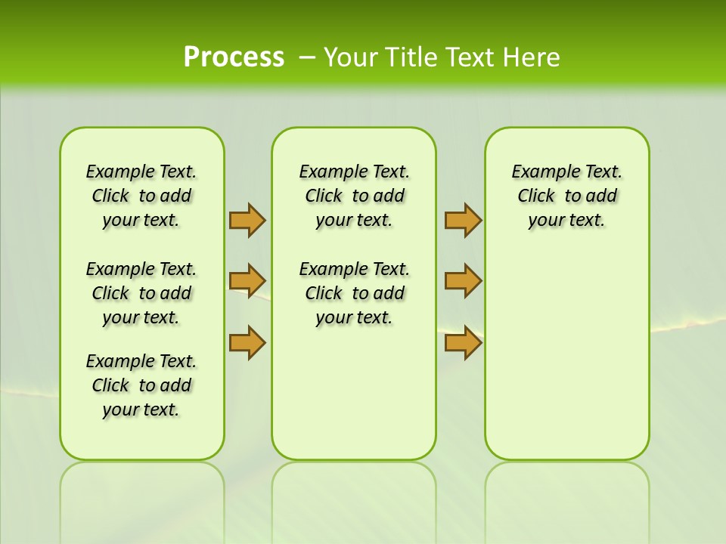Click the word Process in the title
click(234, 57)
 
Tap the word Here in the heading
click(532, 57)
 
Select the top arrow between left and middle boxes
click(247, 220)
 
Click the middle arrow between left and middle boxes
click(247, 281)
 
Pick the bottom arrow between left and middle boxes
click(247, 342)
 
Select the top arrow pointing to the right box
click(463, 220)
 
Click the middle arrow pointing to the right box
click(463, 281)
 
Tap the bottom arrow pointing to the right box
click(463, 342)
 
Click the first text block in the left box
click(141, 196)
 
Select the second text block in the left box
click(141, 293)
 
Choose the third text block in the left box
click(141, 385)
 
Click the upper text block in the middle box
click(354, 196)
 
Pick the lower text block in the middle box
click(354, 293)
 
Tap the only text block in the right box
click(566, 196)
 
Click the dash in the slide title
click(307, 57)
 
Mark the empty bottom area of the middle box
click(354, 393)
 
